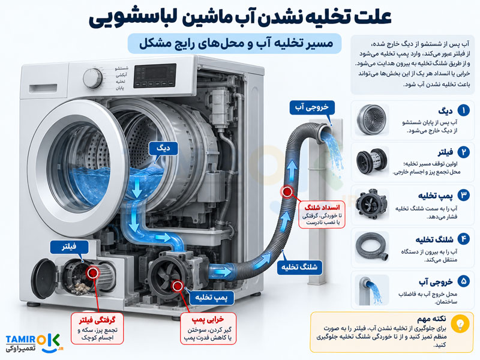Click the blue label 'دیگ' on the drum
coord(163,148)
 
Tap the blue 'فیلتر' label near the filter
coord(69,247)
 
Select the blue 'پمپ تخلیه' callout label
coord(212,298)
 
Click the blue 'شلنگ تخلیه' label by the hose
coord(299,267)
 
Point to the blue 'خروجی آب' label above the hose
coord(312,107)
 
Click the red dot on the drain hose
coord(287,192)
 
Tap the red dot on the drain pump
coord(177,286)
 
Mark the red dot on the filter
coord(92,272)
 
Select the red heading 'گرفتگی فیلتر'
coord(97,320)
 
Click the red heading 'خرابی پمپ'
coord(208,320)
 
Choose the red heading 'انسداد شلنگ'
coord(322,207)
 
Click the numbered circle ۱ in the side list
coord(463,110)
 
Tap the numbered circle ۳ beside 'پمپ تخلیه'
coord(463,196)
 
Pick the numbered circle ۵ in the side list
coord(463,281)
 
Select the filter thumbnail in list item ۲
coord(372,161)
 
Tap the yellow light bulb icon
coord(460,323)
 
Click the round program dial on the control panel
coord(93,78)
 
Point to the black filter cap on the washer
coord(44,278)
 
